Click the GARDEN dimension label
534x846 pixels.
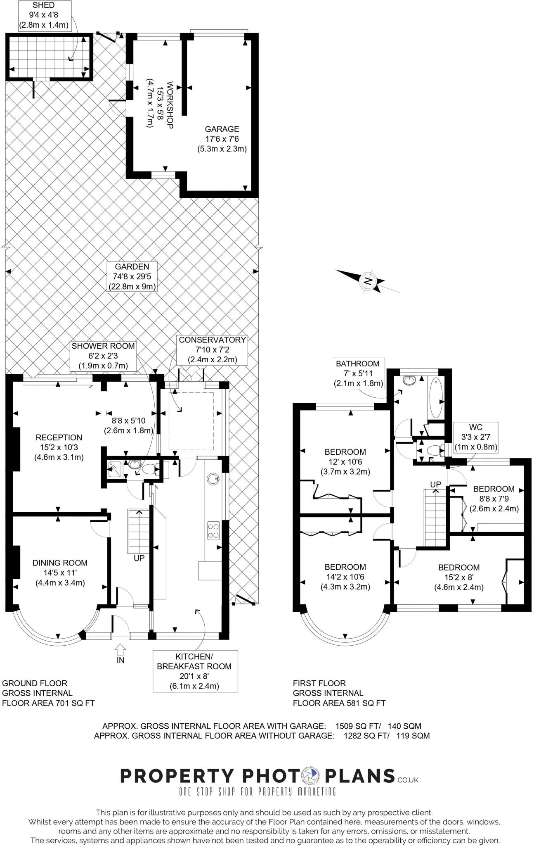click(132, 276)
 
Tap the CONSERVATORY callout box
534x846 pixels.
click(212, 349)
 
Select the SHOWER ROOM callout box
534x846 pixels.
click(103, 356)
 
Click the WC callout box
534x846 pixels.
click(475, 437)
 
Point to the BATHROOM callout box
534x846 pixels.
click(358, 373)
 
